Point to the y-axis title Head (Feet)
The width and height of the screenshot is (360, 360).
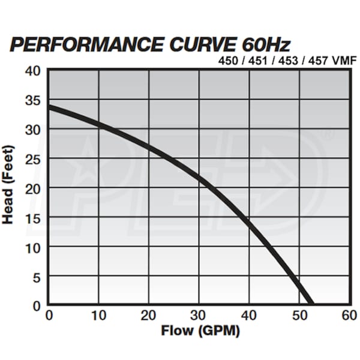(8, 185)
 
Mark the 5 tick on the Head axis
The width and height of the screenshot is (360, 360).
(35, 275)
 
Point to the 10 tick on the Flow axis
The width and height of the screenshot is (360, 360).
(99, 315)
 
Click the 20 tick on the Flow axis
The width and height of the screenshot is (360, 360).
(149, 315)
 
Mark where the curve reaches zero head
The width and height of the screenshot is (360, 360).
(310, 304)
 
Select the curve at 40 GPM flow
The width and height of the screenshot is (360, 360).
(249, 221)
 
